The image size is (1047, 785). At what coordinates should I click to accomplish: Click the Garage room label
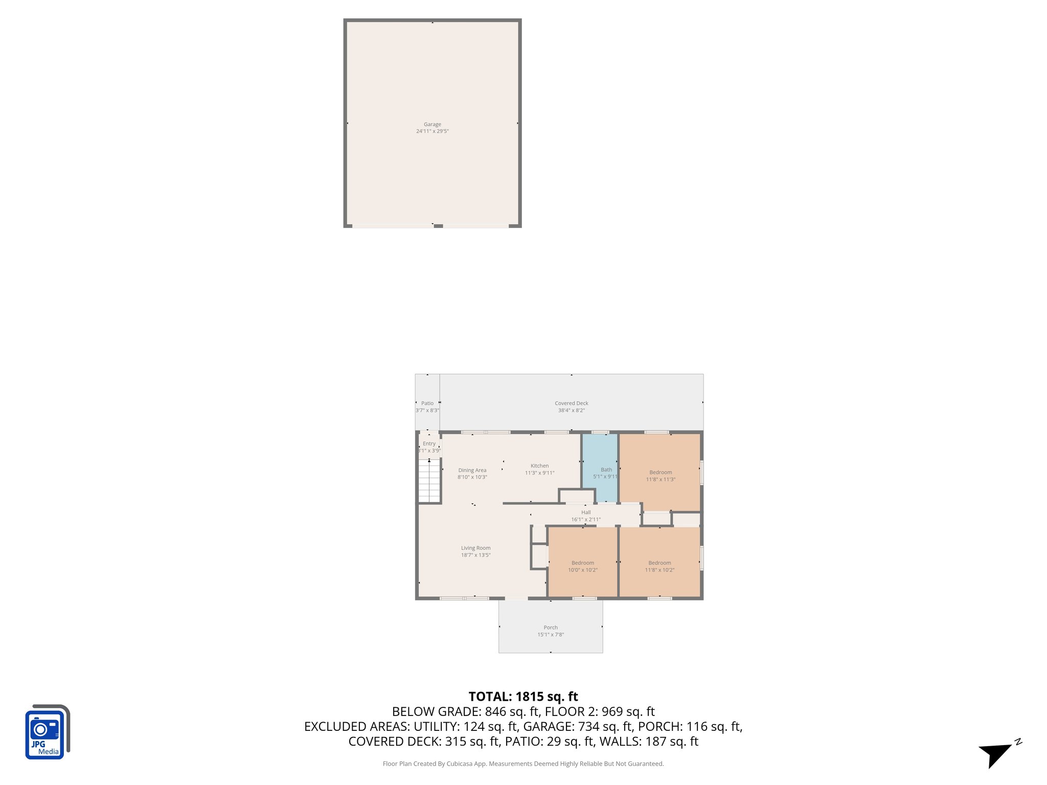tap(432, 124)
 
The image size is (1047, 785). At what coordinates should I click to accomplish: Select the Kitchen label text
tap(539, 466)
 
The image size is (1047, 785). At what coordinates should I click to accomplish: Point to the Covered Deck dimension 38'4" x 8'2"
tap(571, 410)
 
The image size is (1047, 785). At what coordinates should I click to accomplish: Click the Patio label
tap(427, 403)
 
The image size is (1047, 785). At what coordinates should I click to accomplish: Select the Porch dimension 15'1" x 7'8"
tap(551, 634)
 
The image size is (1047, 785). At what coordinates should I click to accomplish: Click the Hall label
tap(586, 512)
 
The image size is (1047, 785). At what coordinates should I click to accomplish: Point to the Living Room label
tap(475, 548)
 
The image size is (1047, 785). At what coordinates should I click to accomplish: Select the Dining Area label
tap(472, 470)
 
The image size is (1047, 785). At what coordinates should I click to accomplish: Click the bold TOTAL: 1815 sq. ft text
tap(523, 697)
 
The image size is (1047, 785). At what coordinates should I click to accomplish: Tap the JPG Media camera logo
tap(47, 732)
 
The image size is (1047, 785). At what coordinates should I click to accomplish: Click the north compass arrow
tap(997, 753)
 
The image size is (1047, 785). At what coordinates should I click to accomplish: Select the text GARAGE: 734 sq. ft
tap(578, 726)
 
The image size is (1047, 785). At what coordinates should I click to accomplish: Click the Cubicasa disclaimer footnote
tap(523, 764)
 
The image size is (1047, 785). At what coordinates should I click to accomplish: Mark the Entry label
tap(429, 444)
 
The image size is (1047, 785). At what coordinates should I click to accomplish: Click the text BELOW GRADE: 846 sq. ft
tap(466, 711)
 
